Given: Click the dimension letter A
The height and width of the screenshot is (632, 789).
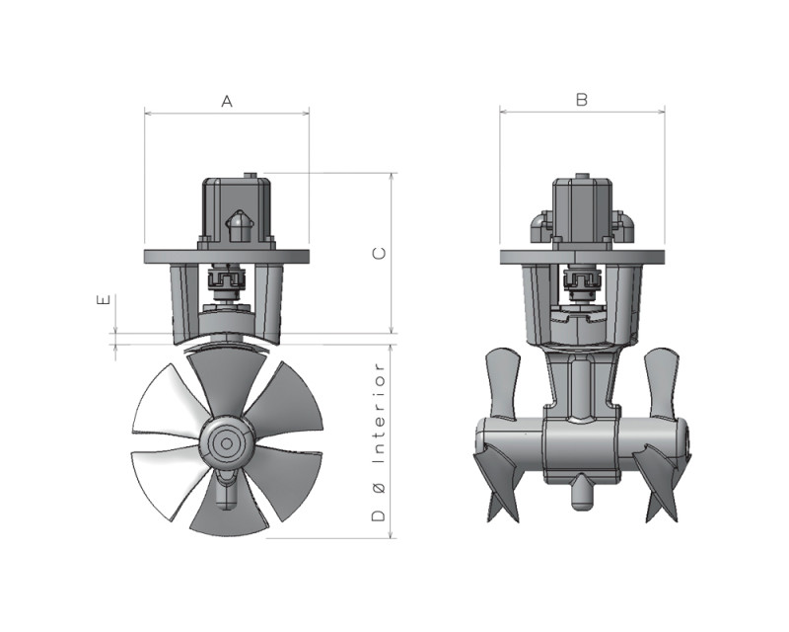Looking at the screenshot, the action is coord(227,102).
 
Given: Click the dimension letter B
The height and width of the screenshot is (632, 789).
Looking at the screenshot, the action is coord(582,100).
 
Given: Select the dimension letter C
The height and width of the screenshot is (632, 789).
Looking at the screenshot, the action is coord(379,253).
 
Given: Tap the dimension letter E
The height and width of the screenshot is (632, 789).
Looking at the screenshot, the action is coord(103,300).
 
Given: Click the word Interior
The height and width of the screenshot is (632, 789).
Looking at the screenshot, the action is coord(379,414).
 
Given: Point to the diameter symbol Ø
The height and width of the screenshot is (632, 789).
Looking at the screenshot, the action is coord(379,488).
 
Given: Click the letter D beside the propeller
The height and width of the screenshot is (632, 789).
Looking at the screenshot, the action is coord(379,515).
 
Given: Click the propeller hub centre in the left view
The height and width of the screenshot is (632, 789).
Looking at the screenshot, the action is coord(227,443).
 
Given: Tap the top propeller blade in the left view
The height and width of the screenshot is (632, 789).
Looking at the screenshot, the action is coord(228,383).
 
